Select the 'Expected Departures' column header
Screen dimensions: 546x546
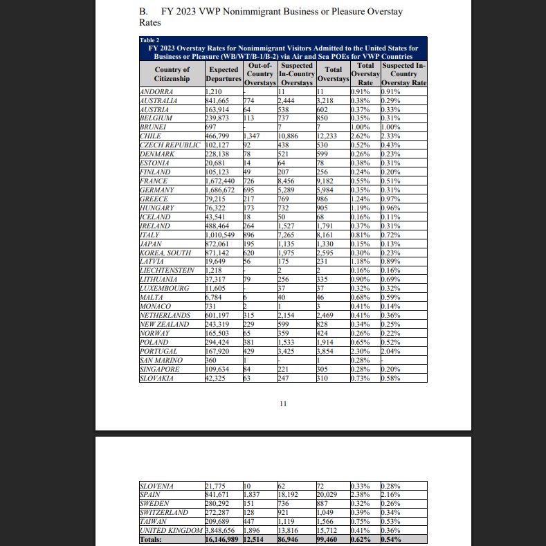coord(224,74)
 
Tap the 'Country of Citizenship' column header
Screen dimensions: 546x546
coord(172,74)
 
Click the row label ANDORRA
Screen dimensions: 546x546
coord(158,91)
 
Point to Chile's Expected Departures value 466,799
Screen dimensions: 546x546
coord(220,136)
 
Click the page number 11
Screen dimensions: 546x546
coord(282,403)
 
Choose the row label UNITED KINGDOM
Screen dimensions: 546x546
coord(171,529)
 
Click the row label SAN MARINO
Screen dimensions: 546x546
coord(161,360)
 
